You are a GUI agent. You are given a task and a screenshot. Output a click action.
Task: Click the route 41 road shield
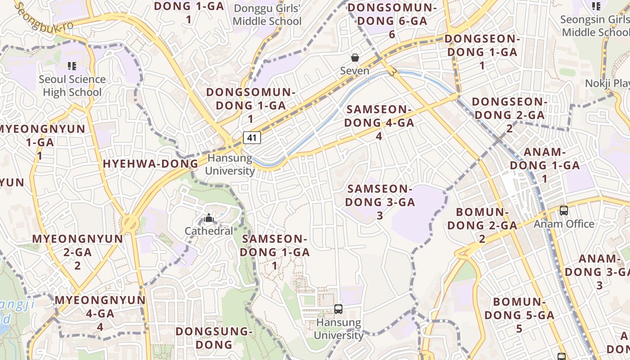[x=252, y=137]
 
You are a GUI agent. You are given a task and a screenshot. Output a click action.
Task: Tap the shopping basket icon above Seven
[x=355, y=58]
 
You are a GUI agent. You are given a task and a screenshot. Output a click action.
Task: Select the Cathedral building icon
[x=208, y=219]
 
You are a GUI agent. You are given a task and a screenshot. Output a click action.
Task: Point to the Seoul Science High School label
[x=72, y=86]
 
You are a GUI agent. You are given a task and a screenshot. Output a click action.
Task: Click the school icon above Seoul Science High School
[x=72, y=66]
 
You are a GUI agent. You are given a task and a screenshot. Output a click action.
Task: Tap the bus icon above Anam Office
[x=563, y=210]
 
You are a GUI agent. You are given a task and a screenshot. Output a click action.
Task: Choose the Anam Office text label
[x=564, y=224]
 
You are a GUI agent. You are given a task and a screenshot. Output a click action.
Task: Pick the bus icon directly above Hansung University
[x=338, y=309]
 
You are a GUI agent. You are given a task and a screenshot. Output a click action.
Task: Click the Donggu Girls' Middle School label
[x=267, y=15]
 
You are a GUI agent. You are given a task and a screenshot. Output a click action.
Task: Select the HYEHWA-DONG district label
[x=150, y=164]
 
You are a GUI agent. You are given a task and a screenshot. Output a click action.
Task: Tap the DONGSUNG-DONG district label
[x=213, y=338]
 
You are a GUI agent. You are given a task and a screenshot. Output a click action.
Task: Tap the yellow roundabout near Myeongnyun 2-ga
[x=130, y=222]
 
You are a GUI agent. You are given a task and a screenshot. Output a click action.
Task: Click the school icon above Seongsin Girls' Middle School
[x=596, y=6]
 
